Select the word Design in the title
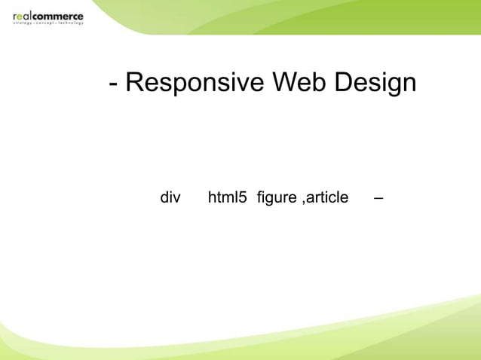click(x=375, y=82)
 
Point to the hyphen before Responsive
click(x=113, y=83)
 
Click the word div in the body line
click(x=170, y=197)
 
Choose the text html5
click(x=227, y=197)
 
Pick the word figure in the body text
click(x=277, y=198)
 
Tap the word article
click(x=327, y=197)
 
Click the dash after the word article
click(x=378, y=198)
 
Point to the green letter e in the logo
click(x=20, y=16)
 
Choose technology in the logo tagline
click(x=71, y=23)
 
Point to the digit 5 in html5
click(x=243, y=197)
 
